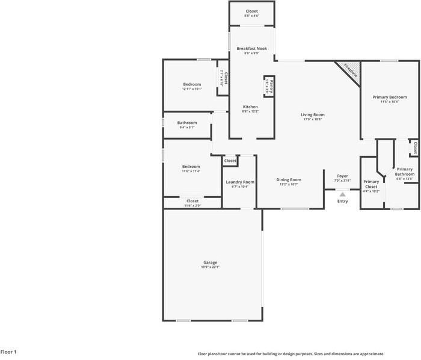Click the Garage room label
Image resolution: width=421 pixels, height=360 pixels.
click(x=210, y=262)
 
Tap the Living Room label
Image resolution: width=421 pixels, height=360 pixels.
click(x=313, y=114)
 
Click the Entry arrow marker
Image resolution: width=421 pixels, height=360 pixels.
click(x=342, y=194)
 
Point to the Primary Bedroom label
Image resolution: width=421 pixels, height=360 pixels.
click(x=389, y=97)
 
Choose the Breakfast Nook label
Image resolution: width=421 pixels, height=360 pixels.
click(x=251, y=48)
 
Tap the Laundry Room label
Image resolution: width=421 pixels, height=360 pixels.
click(x=240, y=182)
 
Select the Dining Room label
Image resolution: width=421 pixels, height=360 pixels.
click(x=289, y=179)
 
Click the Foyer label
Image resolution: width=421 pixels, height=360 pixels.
click(x=342, y=176)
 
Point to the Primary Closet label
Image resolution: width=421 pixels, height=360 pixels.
click(x=371, y=184)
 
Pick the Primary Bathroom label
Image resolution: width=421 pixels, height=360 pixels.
click(x=405, y=172)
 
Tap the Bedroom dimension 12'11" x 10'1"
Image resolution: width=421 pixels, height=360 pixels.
click(x=192, y=89)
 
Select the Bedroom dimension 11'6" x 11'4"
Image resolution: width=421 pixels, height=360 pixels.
click(x=191, y=171)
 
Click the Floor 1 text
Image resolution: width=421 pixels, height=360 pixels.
click(x=8, y=352)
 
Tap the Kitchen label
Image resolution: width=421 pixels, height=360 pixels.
click(x=250, y=107)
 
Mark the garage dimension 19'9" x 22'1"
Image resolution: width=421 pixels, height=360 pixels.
click(x=210, y=267)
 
